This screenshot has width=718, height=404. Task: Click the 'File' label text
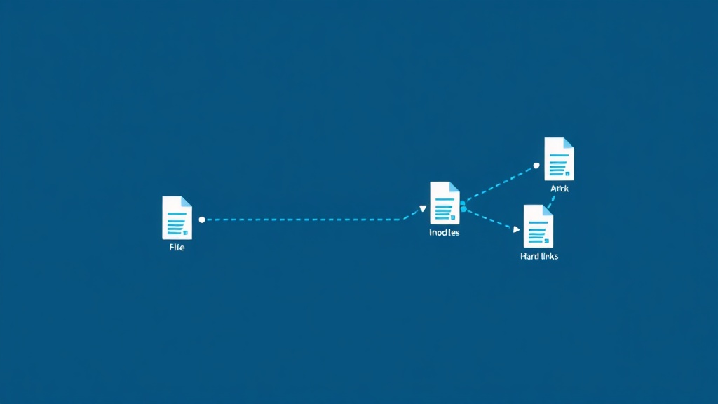tap(177, 248)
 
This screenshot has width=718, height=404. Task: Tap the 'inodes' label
tap(444, 232)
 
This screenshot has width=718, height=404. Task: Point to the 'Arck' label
tap(559, 189)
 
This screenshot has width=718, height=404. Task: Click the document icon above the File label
tap(177, 217)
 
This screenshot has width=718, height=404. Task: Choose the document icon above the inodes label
tap(445, 203)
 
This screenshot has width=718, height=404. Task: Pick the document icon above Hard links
tap(538, 227)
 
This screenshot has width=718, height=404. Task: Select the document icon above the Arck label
tap(559, 159)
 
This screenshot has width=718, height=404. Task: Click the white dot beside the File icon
tap(202, 220)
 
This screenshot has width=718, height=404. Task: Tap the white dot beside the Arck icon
tap(536, 166)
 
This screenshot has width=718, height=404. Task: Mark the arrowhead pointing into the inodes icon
tap(423, 208)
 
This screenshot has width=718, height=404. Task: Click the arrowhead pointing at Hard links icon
tap(517, 229)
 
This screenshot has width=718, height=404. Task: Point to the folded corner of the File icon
tap(187, 201)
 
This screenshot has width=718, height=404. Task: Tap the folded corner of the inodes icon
tap(454, 187)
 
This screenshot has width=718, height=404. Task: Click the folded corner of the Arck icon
tap(569, 142)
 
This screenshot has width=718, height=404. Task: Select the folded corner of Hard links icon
tap(548, 210)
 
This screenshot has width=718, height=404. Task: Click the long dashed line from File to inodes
tap(302, 220)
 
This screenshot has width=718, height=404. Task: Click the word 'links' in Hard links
tap(548, 257)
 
